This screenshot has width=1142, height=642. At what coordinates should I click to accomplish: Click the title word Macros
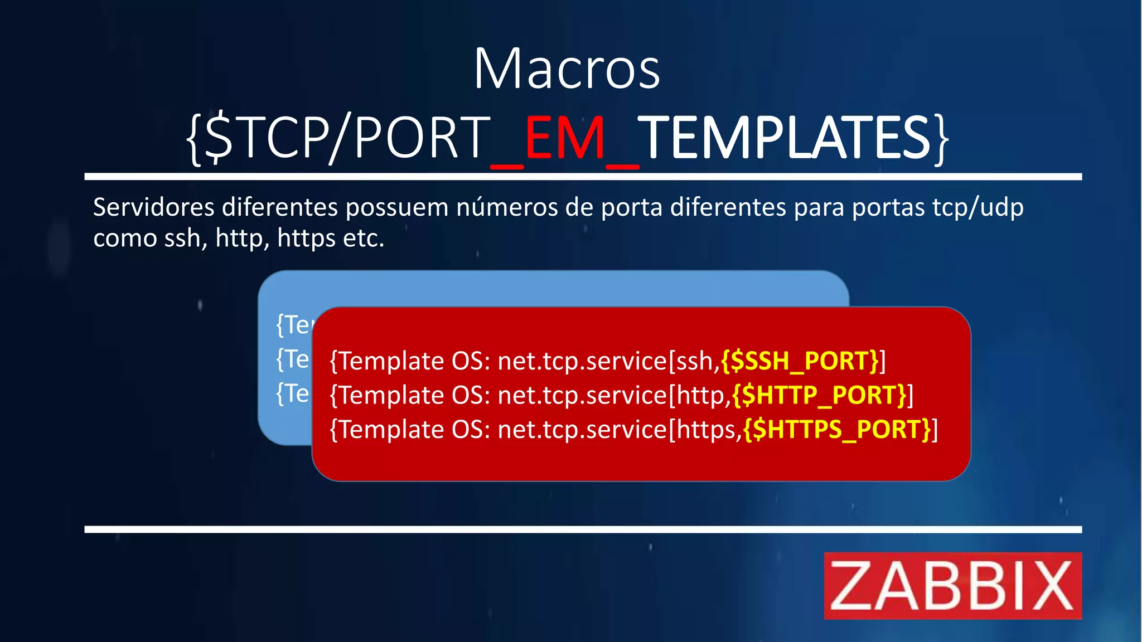[567, 69]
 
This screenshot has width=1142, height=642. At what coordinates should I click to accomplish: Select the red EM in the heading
[564, 138]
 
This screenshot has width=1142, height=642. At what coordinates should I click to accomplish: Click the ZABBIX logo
[952, 585]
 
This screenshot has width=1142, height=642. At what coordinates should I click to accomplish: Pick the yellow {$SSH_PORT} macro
[800, 361]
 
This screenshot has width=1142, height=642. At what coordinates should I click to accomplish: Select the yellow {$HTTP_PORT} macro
[819, 395]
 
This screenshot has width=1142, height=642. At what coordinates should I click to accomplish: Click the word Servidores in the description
[153, 207]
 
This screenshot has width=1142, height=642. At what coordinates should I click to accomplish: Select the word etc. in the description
[363, 239]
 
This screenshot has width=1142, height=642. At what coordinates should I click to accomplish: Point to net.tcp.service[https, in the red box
[619, 430]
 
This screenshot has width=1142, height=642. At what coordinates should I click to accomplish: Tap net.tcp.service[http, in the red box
[613, 395]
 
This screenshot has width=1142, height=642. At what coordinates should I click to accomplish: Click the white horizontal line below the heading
[583, 177]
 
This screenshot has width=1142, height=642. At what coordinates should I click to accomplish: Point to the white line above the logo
[583, 529]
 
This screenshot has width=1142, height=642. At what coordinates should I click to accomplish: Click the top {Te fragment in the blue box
[293, 324]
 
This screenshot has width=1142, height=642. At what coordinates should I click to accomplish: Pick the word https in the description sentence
[305, 239]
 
